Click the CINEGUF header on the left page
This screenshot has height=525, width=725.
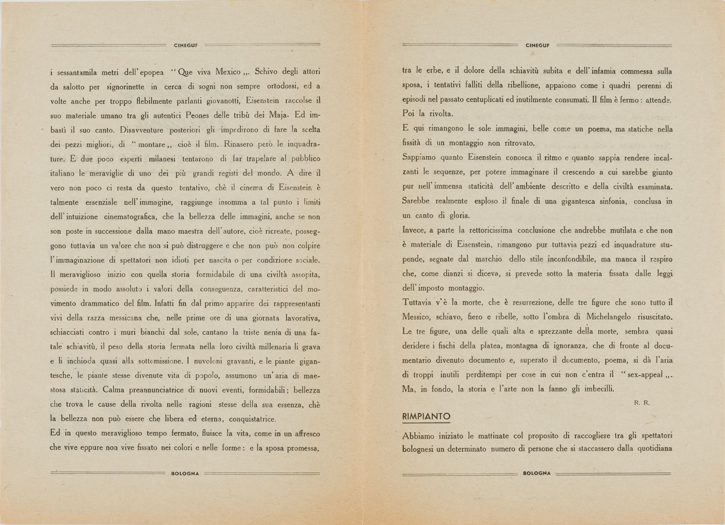(x=186, y=45)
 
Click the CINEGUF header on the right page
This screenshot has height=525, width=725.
(x=537, y=45)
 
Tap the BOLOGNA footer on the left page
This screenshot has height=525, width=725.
(x=186, y=474)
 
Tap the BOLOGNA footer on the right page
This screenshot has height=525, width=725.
(x=537, y=473)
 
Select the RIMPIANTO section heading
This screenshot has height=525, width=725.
(x=426, y=416)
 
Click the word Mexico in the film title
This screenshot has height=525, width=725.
(x=228, y=72)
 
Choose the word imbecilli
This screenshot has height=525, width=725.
(x=593, y=389)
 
